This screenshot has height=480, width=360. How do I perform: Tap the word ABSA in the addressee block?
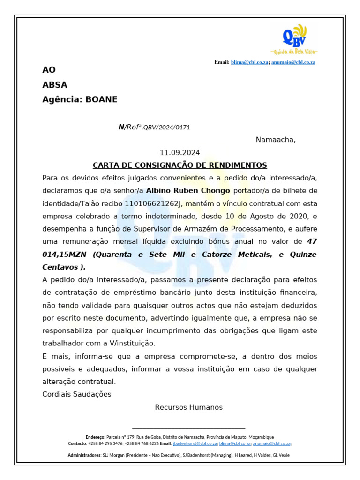[x=55, y=85]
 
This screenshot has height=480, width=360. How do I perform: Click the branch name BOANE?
[x=101, y=99]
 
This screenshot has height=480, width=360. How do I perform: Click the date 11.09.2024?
[x=180, y=153]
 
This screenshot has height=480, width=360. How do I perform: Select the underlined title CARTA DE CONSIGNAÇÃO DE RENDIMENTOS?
[x=180, y=165]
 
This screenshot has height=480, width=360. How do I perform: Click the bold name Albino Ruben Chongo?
[x=188, y=191]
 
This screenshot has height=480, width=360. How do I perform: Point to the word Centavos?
[x=60, y=267]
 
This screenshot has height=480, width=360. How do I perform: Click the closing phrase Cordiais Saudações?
[x=77, y=394]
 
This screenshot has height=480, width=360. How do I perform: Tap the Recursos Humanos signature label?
[x=188, y=407]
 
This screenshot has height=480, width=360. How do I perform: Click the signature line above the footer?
[x=188, y=428]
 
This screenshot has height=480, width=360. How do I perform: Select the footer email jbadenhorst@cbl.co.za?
[x=195, y=443]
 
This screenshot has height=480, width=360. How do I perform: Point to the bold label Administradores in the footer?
[x=84, y=455]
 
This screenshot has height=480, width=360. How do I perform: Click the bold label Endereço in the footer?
[x=96, y=437]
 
